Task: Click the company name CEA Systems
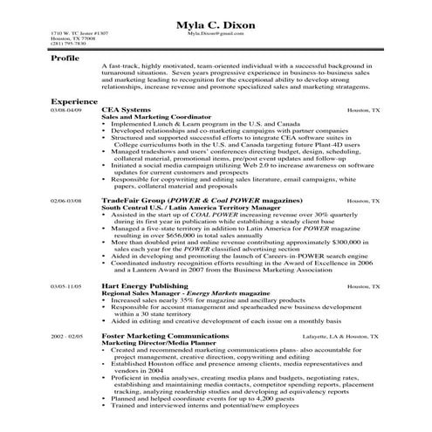127,111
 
